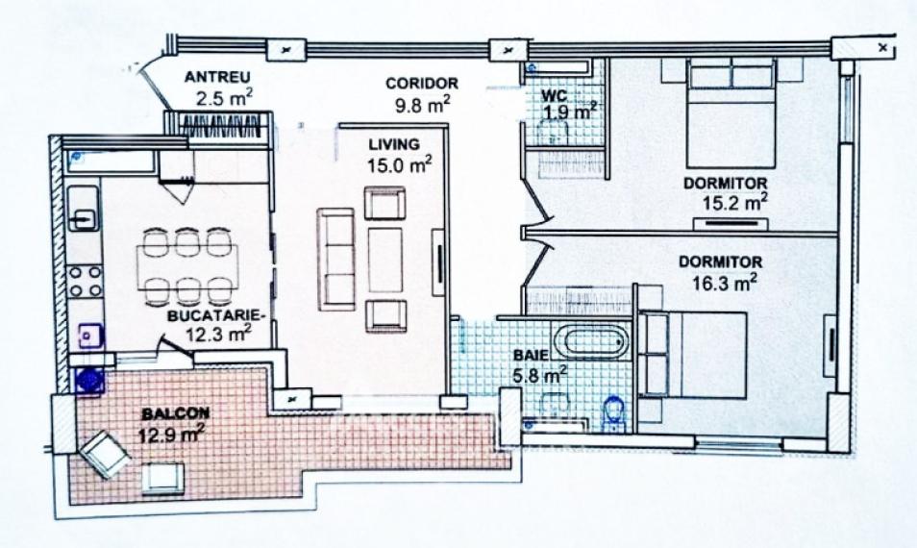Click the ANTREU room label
[x=217, y=77]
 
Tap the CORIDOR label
[x=422, y=83]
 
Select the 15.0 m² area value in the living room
[x=400, y=164]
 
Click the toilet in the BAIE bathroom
[x=614, y=414]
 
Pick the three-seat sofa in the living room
[x=336, y=259]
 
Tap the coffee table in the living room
[x=385, y=260]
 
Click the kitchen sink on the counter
[x=83, y=209]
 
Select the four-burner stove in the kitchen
[x=85, y=281]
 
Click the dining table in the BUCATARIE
[x=187, y=268]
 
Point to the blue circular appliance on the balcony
[x=89, y=381]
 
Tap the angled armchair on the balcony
[x=106, y=454]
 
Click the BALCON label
[x=176, y=413]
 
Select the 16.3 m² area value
[x=725, y=283]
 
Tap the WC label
[x=555, y=95]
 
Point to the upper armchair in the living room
[x=384, y=203]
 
